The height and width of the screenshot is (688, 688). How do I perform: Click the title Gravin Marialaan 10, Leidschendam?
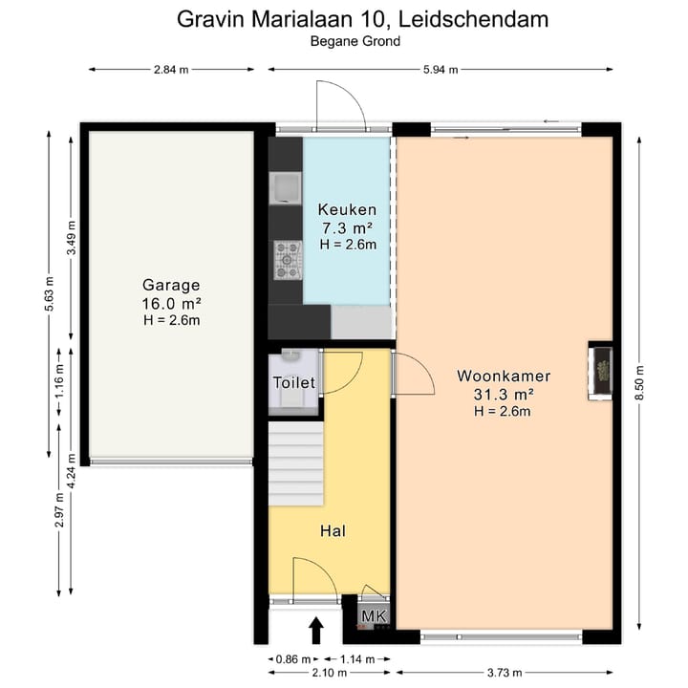363,18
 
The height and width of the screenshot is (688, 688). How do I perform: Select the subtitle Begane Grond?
355,40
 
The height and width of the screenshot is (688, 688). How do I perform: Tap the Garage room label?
171,285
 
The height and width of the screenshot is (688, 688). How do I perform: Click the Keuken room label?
347,210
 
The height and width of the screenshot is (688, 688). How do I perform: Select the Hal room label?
332,530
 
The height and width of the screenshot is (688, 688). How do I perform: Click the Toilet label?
294,382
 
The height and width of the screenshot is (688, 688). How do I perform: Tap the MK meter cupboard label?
374,617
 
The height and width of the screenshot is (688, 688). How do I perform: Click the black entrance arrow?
316,630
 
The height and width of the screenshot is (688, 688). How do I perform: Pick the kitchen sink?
286,188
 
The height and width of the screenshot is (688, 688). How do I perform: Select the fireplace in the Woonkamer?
601,372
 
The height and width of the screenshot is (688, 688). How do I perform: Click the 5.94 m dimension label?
440,69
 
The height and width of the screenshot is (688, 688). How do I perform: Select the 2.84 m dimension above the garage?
171,69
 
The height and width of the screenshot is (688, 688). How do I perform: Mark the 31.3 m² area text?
503,393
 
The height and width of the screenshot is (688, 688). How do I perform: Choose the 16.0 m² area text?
171,303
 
